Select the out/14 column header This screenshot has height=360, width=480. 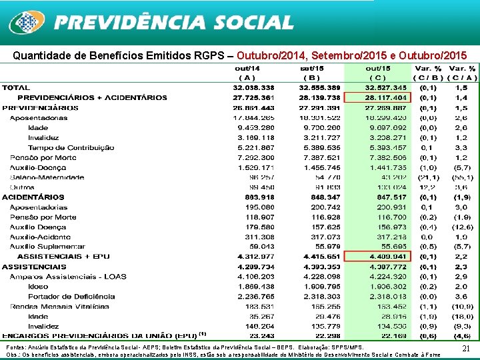252,68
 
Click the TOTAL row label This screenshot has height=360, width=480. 16,87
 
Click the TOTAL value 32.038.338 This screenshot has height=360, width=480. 253,87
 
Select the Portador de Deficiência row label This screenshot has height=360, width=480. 63,296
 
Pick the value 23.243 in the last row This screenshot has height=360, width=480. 261,335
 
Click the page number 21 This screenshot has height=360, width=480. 466,349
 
